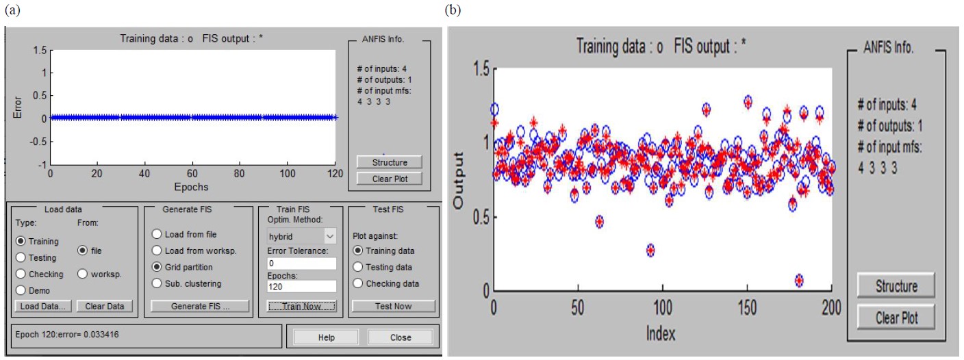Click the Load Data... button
pyautogui.click(x=43, y=306)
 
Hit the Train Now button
pyautogui.click(x=302, y=306)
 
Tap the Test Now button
pyautogui.click(x=393, y=306)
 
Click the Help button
pyautogui.click(x=326, y=337)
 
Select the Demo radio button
pyautogui.click(x=21, y=290)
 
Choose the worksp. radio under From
pyautogui.click(x=83, y=274)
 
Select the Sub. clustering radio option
pyautogui.click(x=157, y=283)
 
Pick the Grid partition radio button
pyautogui.click(x=157, y=267)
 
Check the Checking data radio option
pyautogui.click(x=358, y=283)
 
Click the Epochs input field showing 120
pyautogui.click(x=302, y=286)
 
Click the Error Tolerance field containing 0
pyautogui.click(x=302, y=263)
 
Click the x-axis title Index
pyautogui.click(x=660, y=333)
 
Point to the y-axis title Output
pyautogui.click(x=460, y=181)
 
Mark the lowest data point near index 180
pyautogui.click(x=799, y=280)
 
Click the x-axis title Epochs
pyautogui.click(x=190, y=186)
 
